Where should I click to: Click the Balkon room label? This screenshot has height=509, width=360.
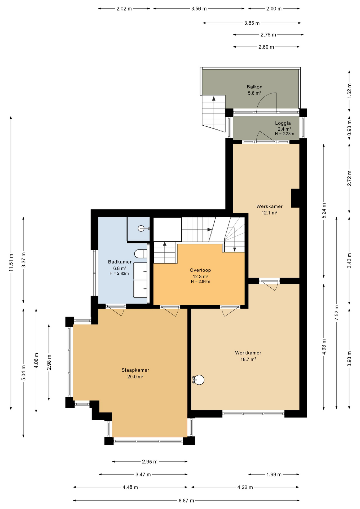254,87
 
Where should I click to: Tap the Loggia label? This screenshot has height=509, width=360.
283,123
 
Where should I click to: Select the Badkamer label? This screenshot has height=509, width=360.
120,262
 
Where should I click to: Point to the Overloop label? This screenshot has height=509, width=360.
200,270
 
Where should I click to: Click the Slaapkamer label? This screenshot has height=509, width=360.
135,370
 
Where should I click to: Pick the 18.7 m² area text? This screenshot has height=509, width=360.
248,359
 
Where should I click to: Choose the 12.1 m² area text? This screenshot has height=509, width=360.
270,213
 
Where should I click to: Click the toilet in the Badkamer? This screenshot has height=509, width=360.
141,254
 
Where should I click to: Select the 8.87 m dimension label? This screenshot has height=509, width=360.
186,501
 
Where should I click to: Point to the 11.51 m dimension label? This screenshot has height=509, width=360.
11,263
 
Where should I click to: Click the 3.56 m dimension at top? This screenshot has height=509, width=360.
199,9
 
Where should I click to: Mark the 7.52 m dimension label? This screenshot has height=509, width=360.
337,313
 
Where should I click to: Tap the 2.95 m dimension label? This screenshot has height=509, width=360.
150,462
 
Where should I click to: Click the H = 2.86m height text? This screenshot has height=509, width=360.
200,282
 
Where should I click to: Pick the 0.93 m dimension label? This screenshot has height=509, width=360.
349,128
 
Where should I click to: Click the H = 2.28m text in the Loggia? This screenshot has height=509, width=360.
284,134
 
